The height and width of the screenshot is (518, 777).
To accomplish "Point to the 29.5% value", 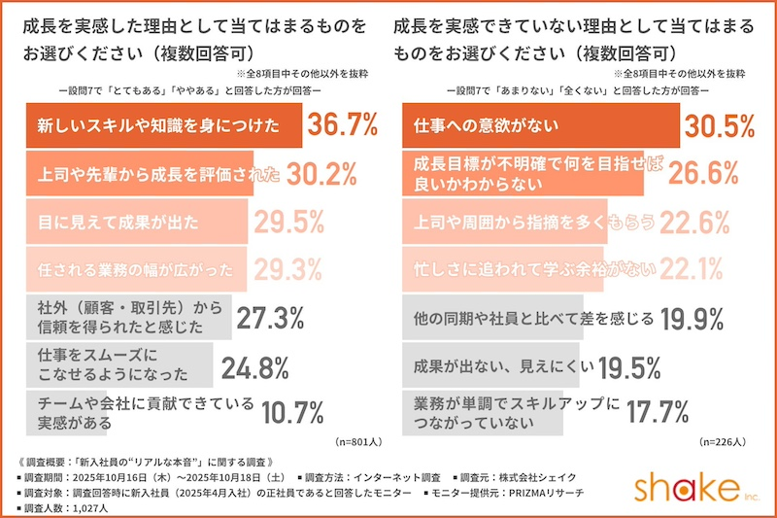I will click(x=289, y=223).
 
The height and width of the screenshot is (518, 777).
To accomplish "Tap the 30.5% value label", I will click(x=720, y=125).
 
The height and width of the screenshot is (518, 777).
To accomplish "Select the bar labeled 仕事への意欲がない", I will click(x=540, y=125).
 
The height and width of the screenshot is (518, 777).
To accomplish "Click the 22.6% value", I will click(x=694, y=223).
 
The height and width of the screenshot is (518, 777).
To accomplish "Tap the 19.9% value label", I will click(x=695, y=318).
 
